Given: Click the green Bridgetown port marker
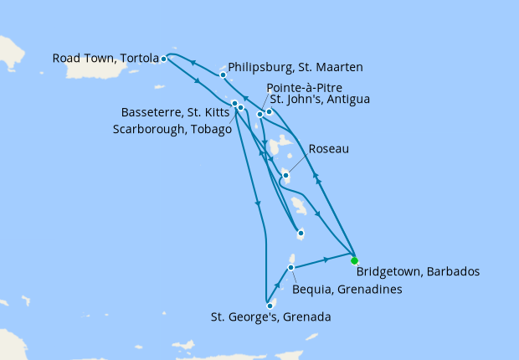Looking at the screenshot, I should point(354,260).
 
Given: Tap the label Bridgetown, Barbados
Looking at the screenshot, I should point(417,272).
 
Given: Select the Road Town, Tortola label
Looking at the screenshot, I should point(105,59).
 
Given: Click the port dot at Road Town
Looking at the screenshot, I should point(163,59).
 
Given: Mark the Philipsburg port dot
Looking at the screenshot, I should point(223,75).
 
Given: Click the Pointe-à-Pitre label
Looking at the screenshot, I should point(304,88).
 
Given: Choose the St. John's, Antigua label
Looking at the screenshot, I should point(318,100).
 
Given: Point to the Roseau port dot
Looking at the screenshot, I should point(285,176).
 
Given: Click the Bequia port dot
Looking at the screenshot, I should point(290,268).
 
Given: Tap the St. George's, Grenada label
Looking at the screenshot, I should point(270,317).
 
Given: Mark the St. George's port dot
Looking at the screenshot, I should point(270,306).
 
